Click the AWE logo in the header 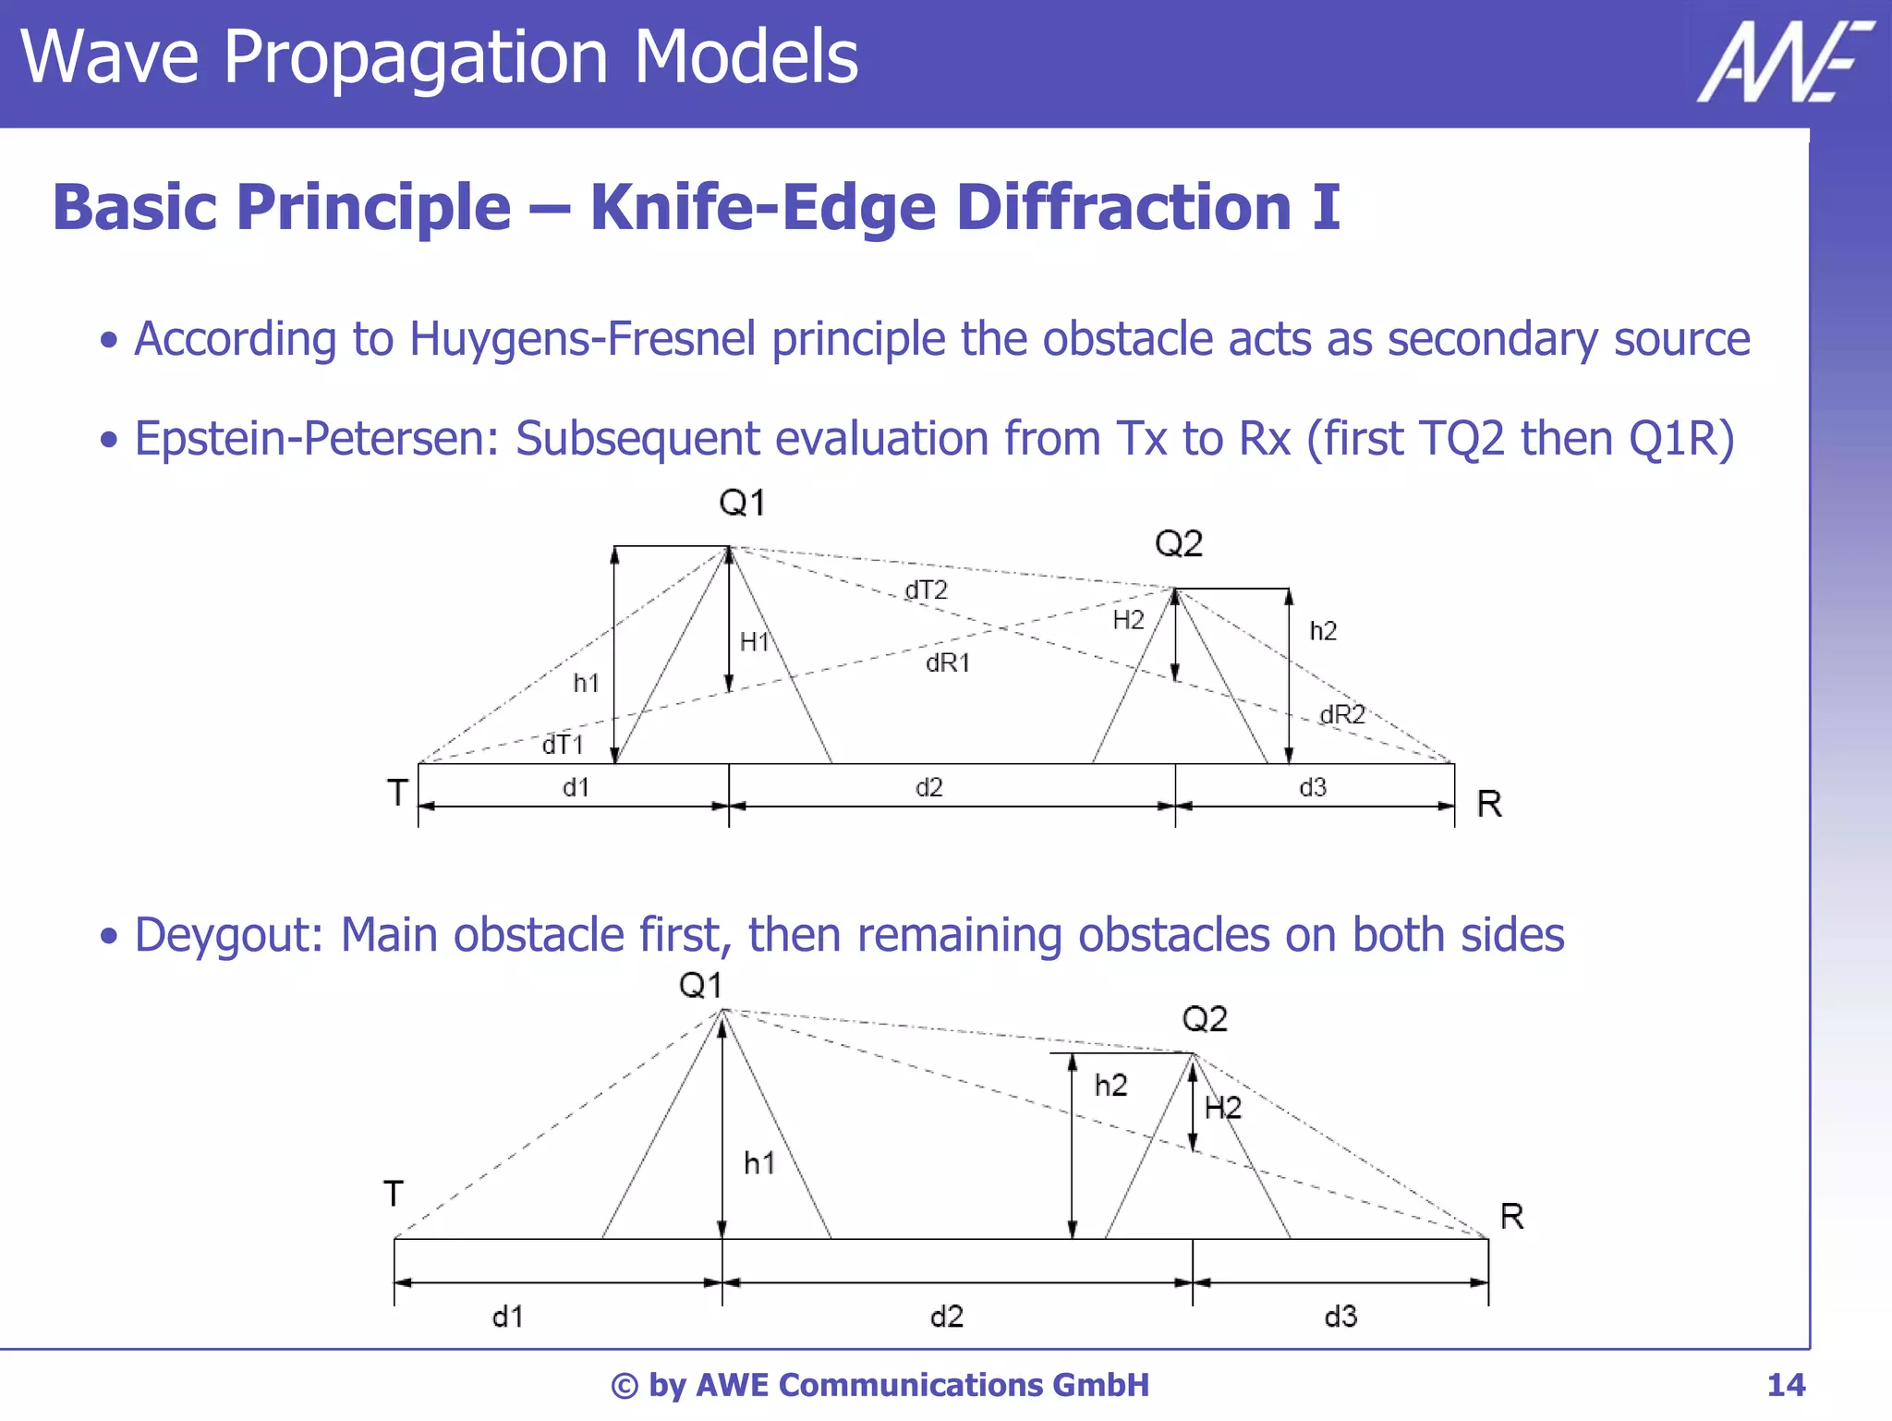click(x=1784, y=62)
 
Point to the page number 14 click(x=1785, y=1385)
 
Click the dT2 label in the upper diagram click(x=926, y=590)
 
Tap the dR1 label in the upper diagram click(x=948, y=662)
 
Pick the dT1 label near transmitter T click(x=563, y=745)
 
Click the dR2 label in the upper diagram click(x=1341, y=714)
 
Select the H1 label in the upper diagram click(x=754, y=641)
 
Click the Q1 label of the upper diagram click(x=742, y=504)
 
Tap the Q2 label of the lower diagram click(x=1205, y=1019)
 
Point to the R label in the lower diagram click(x=1512, y=1216)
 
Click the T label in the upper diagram click(x=397, y=793)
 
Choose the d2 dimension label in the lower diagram click(x=947, y=1316)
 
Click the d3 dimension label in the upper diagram click(x=1313, y=787)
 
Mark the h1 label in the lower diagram click(x=759, y=1163)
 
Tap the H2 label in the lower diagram click(x=1223, y=1107)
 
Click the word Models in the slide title click(x=746, y=57)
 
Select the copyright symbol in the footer click(x=625, y=1386)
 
